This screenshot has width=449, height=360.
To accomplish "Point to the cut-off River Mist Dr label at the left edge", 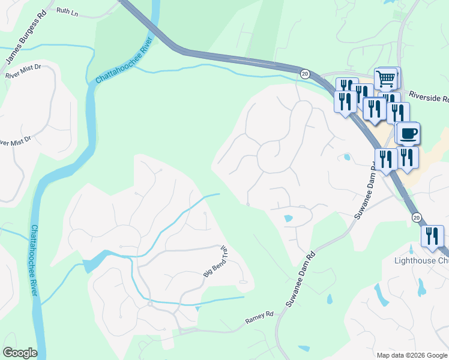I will tap(15, 142).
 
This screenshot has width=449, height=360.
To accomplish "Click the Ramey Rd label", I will tap(259, 318).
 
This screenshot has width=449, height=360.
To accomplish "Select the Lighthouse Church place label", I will tap(421, 261).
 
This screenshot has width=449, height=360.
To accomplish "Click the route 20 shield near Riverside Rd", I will tap(305, 73).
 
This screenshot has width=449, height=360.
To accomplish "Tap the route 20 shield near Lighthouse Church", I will tap(416, 217).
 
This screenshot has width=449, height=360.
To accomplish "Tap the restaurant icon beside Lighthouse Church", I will tap(432, 236).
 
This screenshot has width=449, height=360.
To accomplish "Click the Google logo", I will tap(20, 353).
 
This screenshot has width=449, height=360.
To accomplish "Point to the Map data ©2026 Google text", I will tap(411, 355).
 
